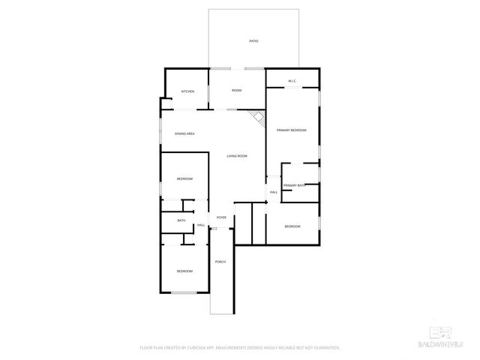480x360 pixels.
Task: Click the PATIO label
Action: [x=253, y=40]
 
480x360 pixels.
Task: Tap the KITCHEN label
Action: [x=187, y=91]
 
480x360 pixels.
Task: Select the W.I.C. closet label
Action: [x=292, y=81]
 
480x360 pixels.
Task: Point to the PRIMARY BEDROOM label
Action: [x=292, y=130]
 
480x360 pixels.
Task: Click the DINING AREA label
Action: [x=185, y=133]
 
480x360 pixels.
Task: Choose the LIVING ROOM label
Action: [x=237, y=156]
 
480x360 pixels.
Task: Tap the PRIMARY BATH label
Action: [x=294, y=185]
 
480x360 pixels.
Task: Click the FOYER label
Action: [x=221, y=217]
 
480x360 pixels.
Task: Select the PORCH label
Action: [x=220, y=262]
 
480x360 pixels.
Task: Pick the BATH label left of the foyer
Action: [x=181, y=220]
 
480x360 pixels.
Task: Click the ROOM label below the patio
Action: [x=236, y=91]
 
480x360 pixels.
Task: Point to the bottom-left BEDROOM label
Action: [x=184, y=271]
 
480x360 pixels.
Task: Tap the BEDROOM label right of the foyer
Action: [x=292, y=226]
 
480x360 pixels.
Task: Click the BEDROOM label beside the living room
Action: [x=184, y=178]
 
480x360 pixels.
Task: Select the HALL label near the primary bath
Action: [x=274, y=193]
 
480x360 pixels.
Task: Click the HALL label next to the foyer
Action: [x=201, y=225]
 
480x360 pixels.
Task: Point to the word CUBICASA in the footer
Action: [x=194, y=348]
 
